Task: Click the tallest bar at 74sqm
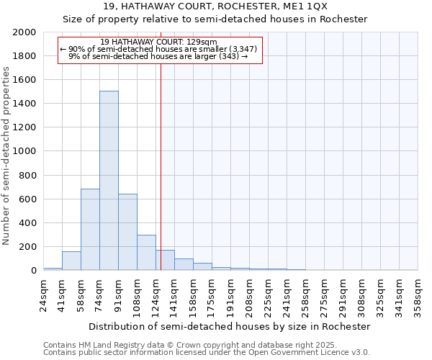(x=109, y=180)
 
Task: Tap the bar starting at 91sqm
(x=127, y=232)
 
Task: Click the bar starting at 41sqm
(x=71, y=261)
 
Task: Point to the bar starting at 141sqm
(x=184, y=264)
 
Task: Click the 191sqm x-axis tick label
(x=230, y=293)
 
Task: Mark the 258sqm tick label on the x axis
(x=305, y=293)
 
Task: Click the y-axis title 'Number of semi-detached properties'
(x=6, y=155)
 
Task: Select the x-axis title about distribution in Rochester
(x=230, y=326)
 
